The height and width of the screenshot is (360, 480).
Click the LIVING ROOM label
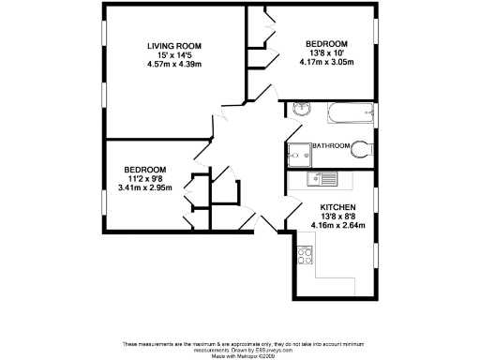click(174, 45)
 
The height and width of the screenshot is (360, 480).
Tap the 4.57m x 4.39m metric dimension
click(174, 64)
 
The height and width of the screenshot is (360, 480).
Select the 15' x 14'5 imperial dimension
click(174, 54)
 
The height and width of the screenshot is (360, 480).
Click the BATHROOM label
click(331, 146)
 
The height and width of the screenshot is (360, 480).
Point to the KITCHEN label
click(337, 206)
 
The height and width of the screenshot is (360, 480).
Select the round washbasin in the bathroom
click(299, 111)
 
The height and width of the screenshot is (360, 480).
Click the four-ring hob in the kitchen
click(305, 253)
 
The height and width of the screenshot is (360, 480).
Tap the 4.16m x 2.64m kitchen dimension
click(337, 225)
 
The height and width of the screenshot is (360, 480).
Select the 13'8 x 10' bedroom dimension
click(326, 54)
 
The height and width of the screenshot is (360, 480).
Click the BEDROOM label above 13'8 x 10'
click(326, 44)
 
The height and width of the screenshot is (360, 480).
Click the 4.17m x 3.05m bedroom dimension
click(326, 64)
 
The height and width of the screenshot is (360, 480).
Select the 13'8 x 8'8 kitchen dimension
click(337, 216)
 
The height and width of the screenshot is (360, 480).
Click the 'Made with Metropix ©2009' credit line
click(239, 356)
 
